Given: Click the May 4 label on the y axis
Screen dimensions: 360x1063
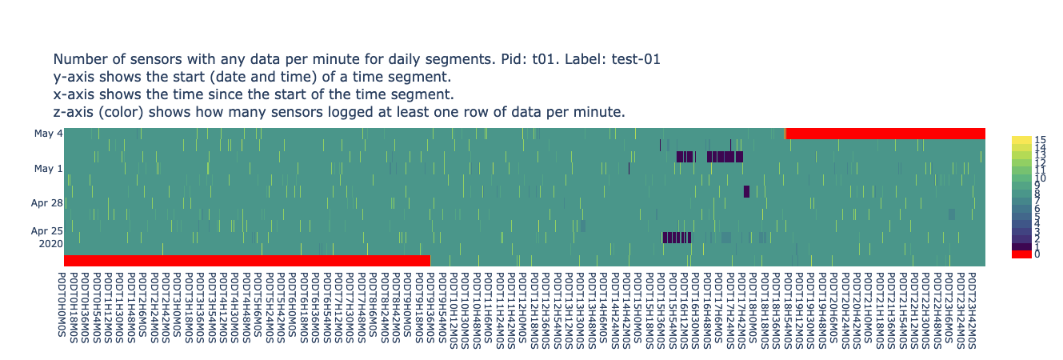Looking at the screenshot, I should (49, 134).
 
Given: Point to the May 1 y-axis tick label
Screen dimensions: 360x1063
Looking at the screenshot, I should (49, 169).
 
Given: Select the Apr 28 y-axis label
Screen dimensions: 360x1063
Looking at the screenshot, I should (47, 203).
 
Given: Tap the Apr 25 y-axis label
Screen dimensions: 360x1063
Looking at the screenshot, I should (47, 230).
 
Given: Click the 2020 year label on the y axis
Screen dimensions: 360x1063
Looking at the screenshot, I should (50, 243).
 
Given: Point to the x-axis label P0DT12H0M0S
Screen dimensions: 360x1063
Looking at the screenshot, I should (521, 303).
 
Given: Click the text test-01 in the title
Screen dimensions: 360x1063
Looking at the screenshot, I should (631, 59).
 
